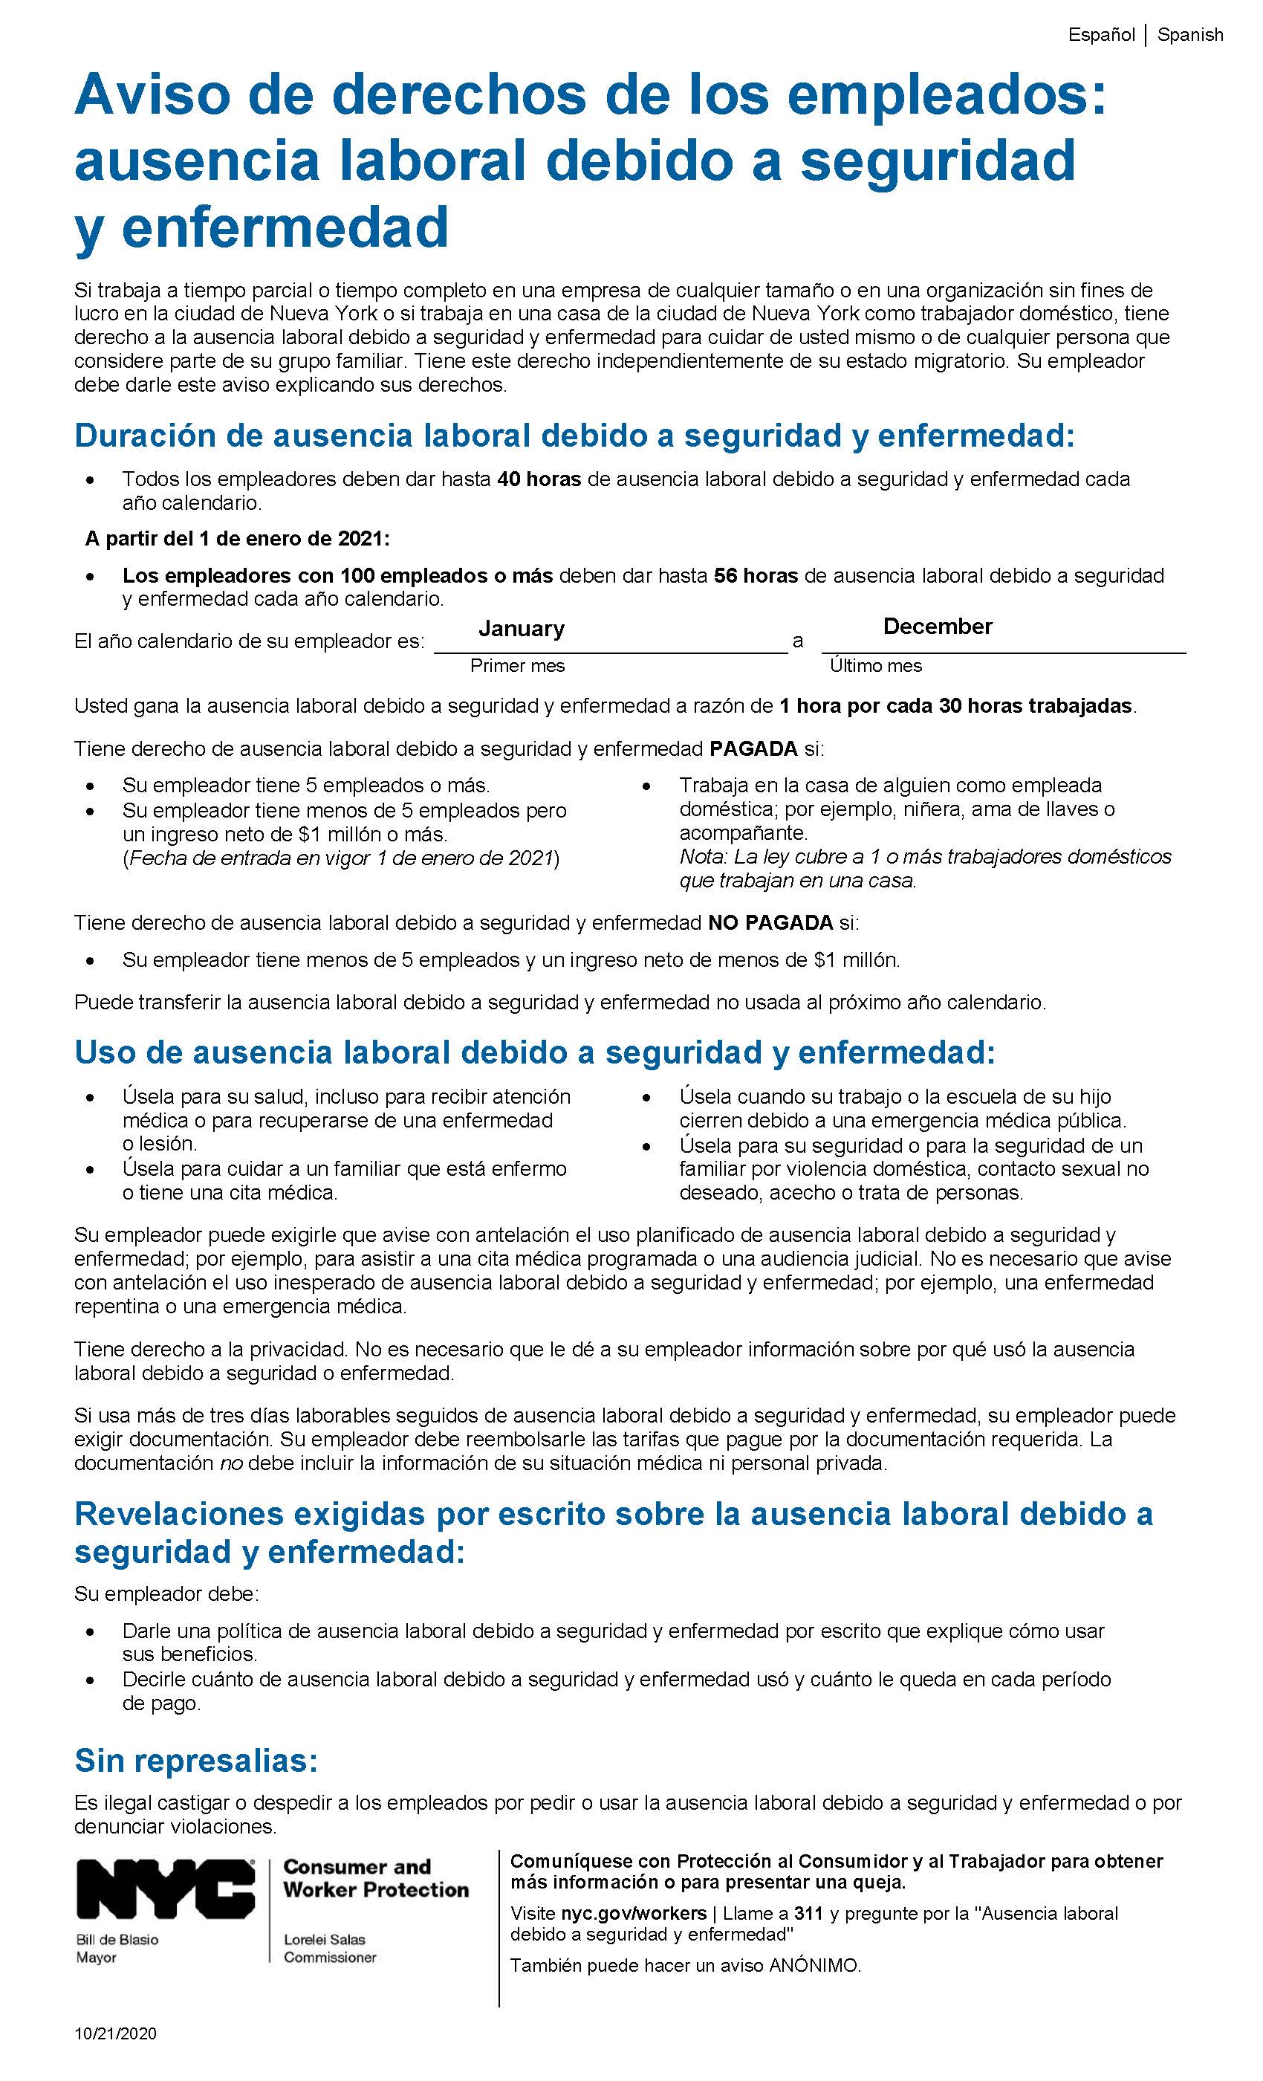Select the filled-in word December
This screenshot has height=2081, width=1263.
937,626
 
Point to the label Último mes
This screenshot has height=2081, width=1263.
875,665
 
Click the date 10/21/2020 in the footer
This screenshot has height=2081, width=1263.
116,2033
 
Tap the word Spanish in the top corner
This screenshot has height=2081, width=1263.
1189,35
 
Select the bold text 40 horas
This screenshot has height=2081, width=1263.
539,479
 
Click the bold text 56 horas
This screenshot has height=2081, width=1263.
756,575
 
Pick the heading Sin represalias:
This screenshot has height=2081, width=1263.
196,1760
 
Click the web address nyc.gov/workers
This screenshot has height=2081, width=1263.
633,1913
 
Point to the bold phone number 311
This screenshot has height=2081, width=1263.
808,1913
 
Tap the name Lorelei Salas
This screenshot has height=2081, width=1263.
324,1940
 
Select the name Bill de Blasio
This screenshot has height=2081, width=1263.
117,1940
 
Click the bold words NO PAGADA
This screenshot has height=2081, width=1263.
770,922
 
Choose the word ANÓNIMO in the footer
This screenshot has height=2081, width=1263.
814,1965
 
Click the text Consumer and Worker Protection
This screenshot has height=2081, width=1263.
376,1878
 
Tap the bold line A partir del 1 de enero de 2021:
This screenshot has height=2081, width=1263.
237,538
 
